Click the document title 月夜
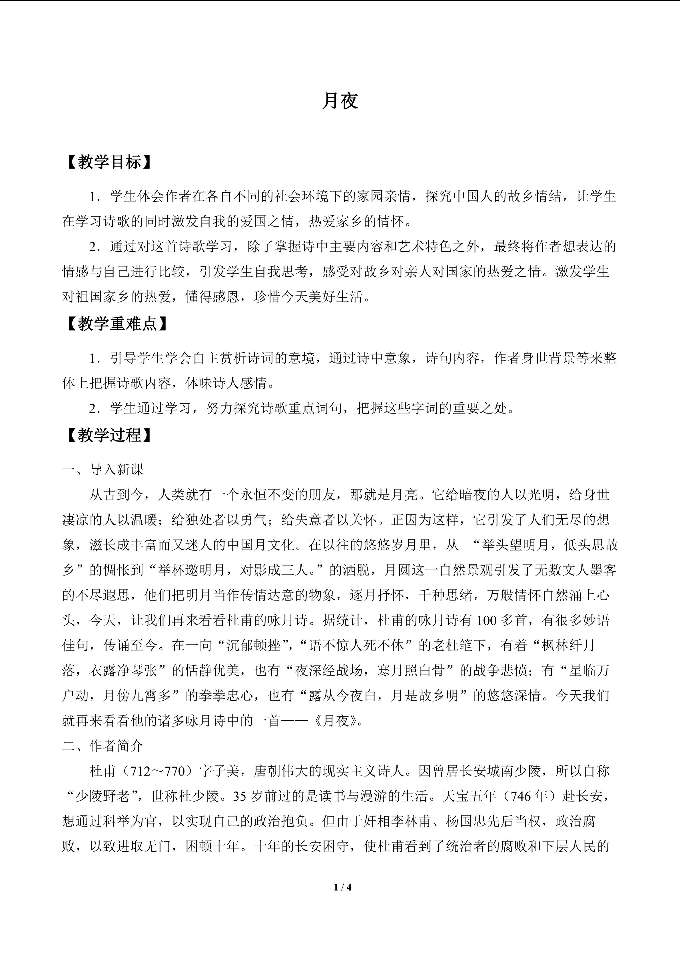pos(340,101)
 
